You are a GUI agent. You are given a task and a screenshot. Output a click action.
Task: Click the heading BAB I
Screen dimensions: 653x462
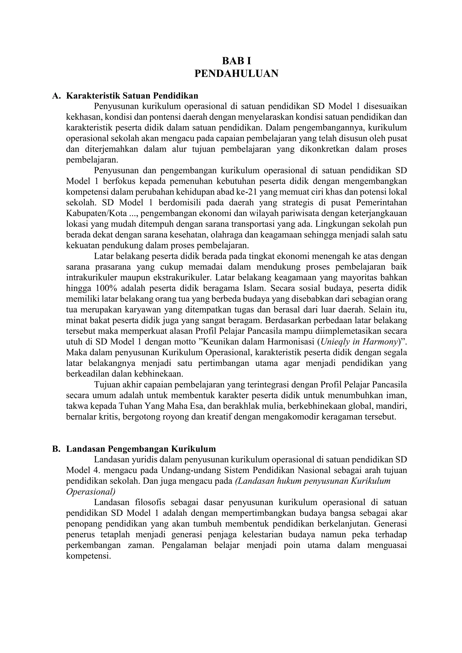[x=236, y=61]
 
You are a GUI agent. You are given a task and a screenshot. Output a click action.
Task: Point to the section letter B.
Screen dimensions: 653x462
[x=56, y=449]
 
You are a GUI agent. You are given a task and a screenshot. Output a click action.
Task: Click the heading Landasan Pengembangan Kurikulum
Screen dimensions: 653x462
[x=141, y=449]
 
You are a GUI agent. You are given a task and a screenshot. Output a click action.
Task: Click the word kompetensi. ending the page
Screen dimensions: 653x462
[x=88, y=556]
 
